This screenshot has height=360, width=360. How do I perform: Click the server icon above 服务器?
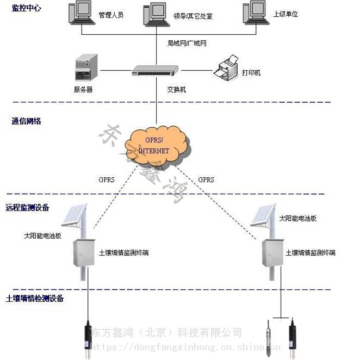click(86, 69)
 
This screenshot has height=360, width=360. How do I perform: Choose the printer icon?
click(227, 68)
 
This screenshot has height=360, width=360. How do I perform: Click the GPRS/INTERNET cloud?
click(156, 146)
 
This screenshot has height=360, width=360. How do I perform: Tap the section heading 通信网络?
click(26, 121)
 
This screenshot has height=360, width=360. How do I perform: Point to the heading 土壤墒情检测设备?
click(34, 299)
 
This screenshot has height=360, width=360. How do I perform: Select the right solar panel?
click(265, 217)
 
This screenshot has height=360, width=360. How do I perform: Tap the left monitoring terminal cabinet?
click(84, 252)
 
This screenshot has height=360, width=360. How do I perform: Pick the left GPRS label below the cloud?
click(106, 179)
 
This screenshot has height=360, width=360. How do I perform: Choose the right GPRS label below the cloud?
click(206, 179)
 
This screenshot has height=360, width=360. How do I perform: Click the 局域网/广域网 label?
click(187, 42)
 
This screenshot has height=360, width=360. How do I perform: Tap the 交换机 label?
click(176, 89)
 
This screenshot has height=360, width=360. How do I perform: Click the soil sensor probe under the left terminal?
click(88, 338)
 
